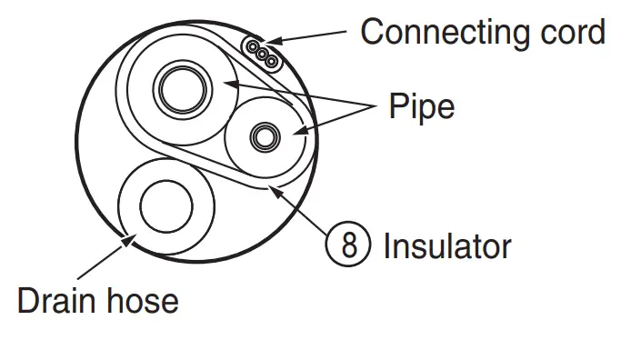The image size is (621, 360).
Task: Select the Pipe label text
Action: point(421,107)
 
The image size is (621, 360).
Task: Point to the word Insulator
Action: point(447,245)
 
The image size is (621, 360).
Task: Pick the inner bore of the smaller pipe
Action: point(265,136)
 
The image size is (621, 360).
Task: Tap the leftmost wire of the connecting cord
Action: point(252,46)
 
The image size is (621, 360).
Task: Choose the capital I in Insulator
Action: point(389,245)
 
